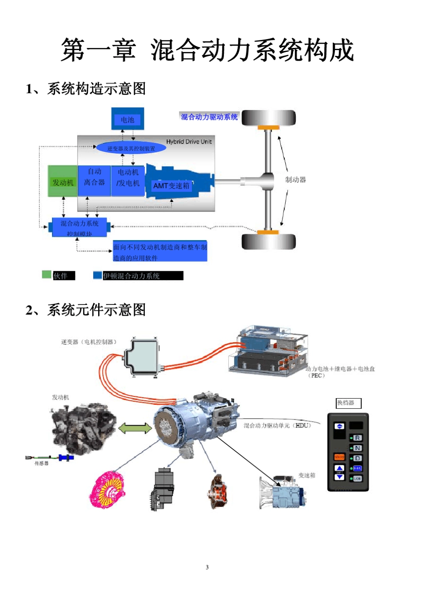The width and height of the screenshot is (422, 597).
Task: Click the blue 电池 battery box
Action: click(127, 119)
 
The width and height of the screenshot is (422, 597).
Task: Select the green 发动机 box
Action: click(63, 181)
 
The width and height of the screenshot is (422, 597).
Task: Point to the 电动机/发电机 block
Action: click(128, 178)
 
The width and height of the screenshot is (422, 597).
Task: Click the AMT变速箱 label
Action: click(171, 186)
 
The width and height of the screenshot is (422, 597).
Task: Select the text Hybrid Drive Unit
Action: click(189, 142)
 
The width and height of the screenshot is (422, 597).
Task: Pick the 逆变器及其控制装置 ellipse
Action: click(131, 148)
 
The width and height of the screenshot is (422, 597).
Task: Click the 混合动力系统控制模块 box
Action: click(80, 227)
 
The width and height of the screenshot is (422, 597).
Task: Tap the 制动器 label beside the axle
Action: click(295, 180)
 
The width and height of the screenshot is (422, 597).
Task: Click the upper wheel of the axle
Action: click(268, 118)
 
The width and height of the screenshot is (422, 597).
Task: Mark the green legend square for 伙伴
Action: click(47, 275)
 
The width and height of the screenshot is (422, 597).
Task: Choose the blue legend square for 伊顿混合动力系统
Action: click(97, 275)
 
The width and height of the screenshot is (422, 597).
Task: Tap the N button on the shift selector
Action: click(357, 448)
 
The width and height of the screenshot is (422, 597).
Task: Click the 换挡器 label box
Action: click(348, 403)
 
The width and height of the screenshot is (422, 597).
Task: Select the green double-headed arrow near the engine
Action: click(135, 428)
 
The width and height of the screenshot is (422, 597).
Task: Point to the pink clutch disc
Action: click(107, 490)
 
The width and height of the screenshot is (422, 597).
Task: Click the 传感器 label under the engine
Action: click(41, 463)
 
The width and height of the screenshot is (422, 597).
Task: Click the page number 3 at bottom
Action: click(207, 567)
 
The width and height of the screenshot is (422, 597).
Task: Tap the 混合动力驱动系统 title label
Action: click(209, 117)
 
